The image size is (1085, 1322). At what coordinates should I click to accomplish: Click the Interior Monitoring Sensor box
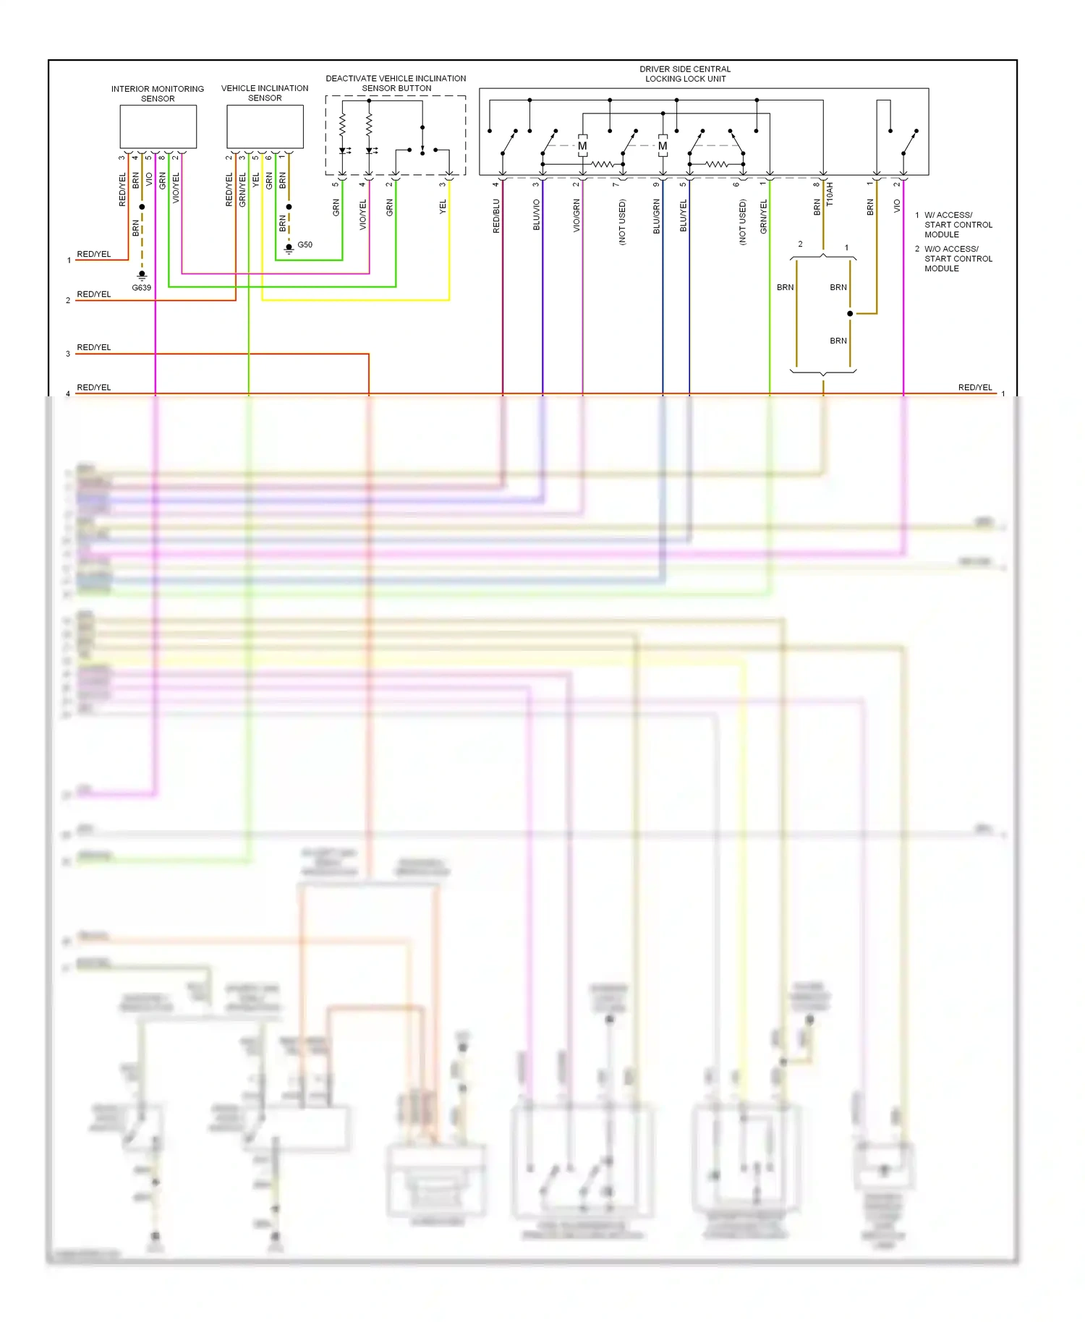point(158,127)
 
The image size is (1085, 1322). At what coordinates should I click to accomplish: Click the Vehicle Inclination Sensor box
point(265,127)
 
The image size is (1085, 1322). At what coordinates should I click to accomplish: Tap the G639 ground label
point(141,288)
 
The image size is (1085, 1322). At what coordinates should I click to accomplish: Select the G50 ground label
point(305,245)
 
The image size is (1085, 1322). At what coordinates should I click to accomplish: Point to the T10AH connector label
point(830,194)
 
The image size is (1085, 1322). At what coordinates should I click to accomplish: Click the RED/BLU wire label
point(496,216)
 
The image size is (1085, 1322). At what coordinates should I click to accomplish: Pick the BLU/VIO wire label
point(536,216)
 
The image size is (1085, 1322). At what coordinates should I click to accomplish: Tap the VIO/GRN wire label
point(576,216)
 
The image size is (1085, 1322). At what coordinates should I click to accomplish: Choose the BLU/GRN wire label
point(656,216)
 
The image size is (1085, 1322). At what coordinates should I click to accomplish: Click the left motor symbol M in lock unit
point(582,146)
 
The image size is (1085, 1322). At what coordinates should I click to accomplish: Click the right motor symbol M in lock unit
point(663,146)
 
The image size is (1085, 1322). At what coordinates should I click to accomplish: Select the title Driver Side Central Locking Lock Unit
point(685,74)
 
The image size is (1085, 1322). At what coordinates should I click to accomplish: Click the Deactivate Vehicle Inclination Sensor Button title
point(396,83)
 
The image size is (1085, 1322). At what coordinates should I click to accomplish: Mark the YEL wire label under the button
point(443,207)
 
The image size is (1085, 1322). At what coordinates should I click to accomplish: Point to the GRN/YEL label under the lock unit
point(763,216)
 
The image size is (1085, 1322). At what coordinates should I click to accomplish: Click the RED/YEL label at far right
point(974,388)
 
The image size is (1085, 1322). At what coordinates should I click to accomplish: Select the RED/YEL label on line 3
point(94,348)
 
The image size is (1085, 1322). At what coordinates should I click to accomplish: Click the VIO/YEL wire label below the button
point(363,215)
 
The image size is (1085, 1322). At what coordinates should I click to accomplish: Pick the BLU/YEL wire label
point(683,216)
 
